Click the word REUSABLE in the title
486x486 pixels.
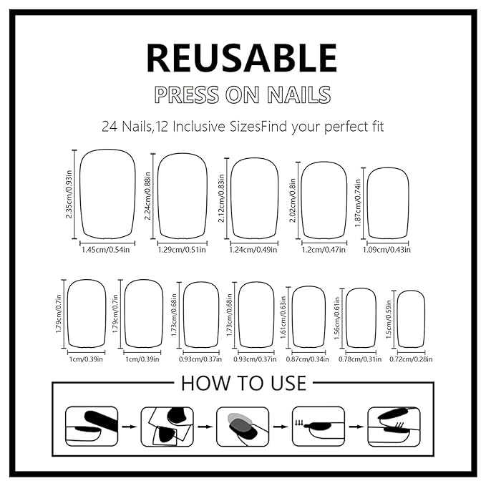(x=242, y=59)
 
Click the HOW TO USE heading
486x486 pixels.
(x=243, y=383)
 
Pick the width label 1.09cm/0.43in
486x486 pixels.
(x=389, y=250)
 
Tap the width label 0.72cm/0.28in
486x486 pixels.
(x=411, y=359)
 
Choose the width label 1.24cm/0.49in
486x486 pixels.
(x=256, y=250)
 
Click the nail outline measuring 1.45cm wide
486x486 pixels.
(x=107, y=194)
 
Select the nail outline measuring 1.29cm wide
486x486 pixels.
(x=182, y=196)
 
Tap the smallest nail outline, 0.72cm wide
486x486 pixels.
(x=411, y=319)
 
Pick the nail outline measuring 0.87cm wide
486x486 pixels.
(x=308, y=316)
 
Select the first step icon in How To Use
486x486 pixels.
(x=87, y=426)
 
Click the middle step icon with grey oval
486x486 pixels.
(x=243, y=426)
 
